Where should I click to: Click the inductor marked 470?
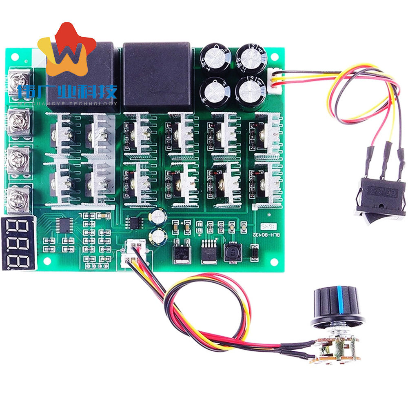coord(232,253)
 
